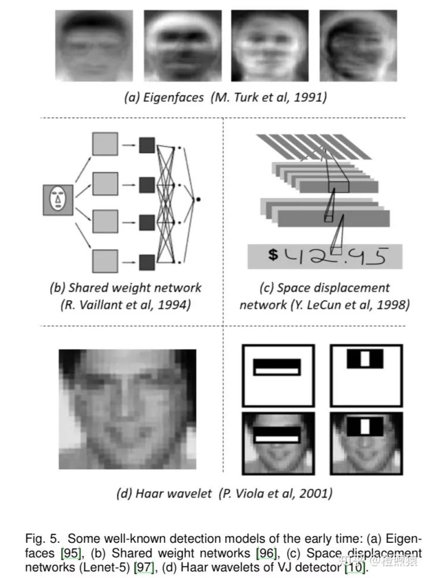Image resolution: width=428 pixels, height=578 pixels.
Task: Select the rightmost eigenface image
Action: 358,45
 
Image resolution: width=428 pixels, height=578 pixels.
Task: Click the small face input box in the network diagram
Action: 58,199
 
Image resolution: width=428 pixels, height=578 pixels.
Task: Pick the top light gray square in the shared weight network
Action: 105,145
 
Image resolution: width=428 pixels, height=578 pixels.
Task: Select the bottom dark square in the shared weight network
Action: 147,261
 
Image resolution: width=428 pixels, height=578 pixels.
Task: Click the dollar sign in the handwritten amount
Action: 273,255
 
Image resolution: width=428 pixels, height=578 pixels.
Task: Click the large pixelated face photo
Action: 127,409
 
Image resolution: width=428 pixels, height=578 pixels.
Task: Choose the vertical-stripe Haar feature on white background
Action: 366,375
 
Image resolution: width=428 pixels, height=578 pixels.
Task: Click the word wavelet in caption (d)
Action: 175,493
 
